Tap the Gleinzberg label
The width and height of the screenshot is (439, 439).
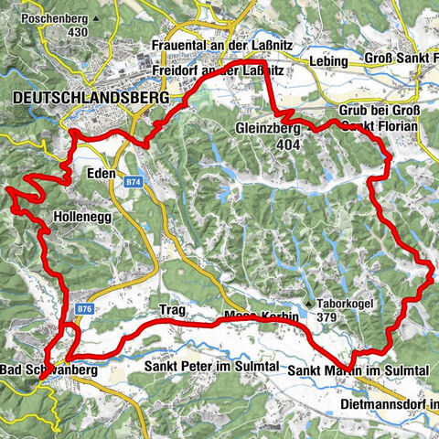click(x=267, y=128)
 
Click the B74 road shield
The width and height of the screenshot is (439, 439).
click(x=134, y=183)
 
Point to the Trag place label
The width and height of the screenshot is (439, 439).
click(x=172, y=310)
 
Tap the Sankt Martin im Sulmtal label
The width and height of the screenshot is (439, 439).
click(x=358, y=369)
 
